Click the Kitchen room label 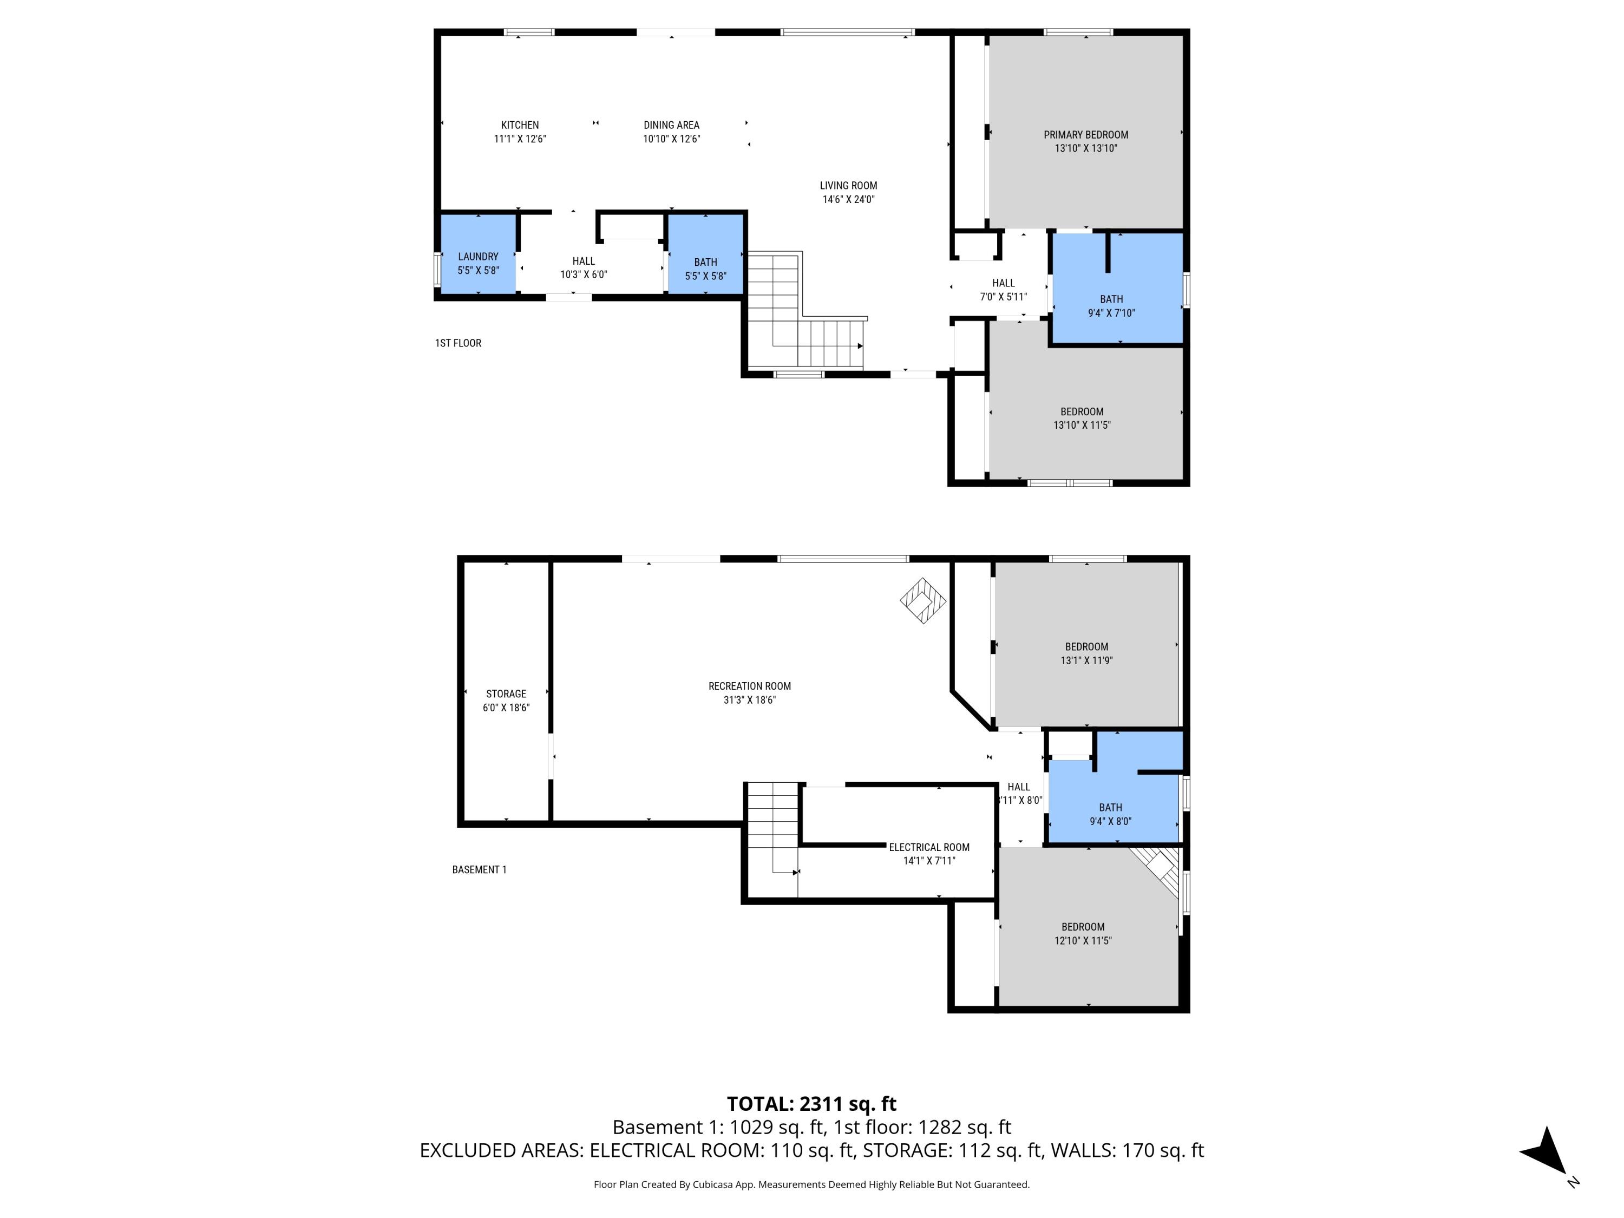520,125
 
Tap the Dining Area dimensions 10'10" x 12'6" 671,139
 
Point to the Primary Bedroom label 1085,134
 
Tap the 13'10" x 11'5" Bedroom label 1082,412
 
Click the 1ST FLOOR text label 458,343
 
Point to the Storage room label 506,694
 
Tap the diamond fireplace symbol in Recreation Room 923,600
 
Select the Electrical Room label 929,847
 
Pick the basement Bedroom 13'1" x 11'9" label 1086,647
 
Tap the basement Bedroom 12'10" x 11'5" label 1082,927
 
